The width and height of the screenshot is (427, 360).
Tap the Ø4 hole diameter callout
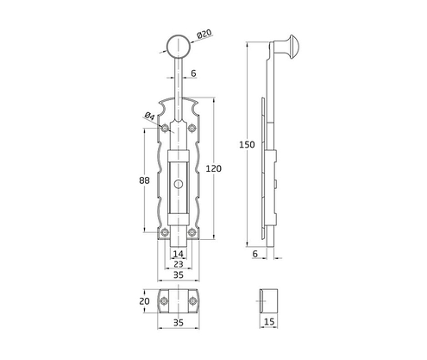tap(150, 115)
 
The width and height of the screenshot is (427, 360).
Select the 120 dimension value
tap(223, 168)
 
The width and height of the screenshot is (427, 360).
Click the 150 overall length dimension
tap(248, 145)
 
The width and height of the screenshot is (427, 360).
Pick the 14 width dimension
tap(179, 254)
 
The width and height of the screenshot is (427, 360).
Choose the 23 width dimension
tap(179, 265)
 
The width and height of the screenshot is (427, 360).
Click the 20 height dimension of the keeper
tap(144, 302)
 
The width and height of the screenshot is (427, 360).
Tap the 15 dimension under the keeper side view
tap(270, 323)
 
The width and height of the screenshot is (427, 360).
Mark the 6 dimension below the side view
tap(256, 254)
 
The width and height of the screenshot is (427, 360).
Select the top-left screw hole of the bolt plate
tap(165, 129)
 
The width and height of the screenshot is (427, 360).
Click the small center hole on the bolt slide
tap(179, 184)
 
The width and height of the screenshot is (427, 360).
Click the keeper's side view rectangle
tap(270, 301)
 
